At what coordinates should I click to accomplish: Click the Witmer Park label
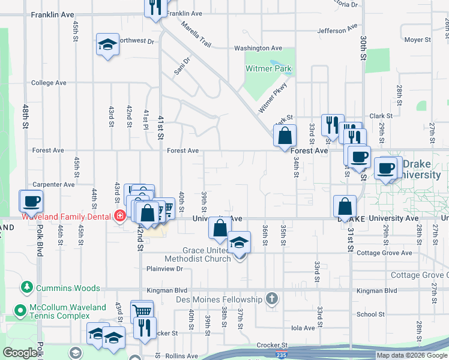[268, 68]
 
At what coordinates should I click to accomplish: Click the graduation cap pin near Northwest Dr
[107, 45]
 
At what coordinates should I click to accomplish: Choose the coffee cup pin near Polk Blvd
[32, 201]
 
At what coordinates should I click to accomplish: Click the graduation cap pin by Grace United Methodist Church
[239, 244]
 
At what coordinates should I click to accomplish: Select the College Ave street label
[49, 83]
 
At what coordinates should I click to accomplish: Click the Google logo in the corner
[20, 353]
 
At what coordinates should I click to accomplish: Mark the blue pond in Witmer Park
[276, 62]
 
